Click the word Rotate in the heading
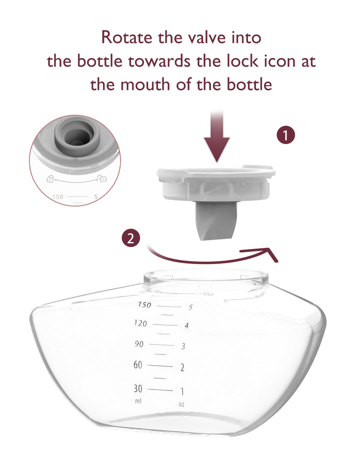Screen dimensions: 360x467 tap(127, 37)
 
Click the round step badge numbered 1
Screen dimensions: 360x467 tap(285, 135)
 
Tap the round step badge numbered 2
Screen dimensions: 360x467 tap(130, 238)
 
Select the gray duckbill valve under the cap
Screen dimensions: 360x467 tap(215, 221)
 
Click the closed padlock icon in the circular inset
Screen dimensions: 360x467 tap(102, 178)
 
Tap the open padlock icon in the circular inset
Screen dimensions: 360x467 tap(50, 178)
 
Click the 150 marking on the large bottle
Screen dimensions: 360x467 tap(144, 304)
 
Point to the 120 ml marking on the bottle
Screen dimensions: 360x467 tap(141, 323)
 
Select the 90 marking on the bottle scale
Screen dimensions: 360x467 tap(139, 344)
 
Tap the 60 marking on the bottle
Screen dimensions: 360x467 tap(137, 365)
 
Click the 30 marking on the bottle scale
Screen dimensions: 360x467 tap(138, 388)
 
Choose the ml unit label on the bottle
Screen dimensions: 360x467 tap(138, 401)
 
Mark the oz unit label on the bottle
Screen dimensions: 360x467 tap(181, 404)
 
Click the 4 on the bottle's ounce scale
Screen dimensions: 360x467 tap(186, 325)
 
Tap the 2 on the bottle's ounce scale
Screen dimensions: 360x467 tap(182, 367)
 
